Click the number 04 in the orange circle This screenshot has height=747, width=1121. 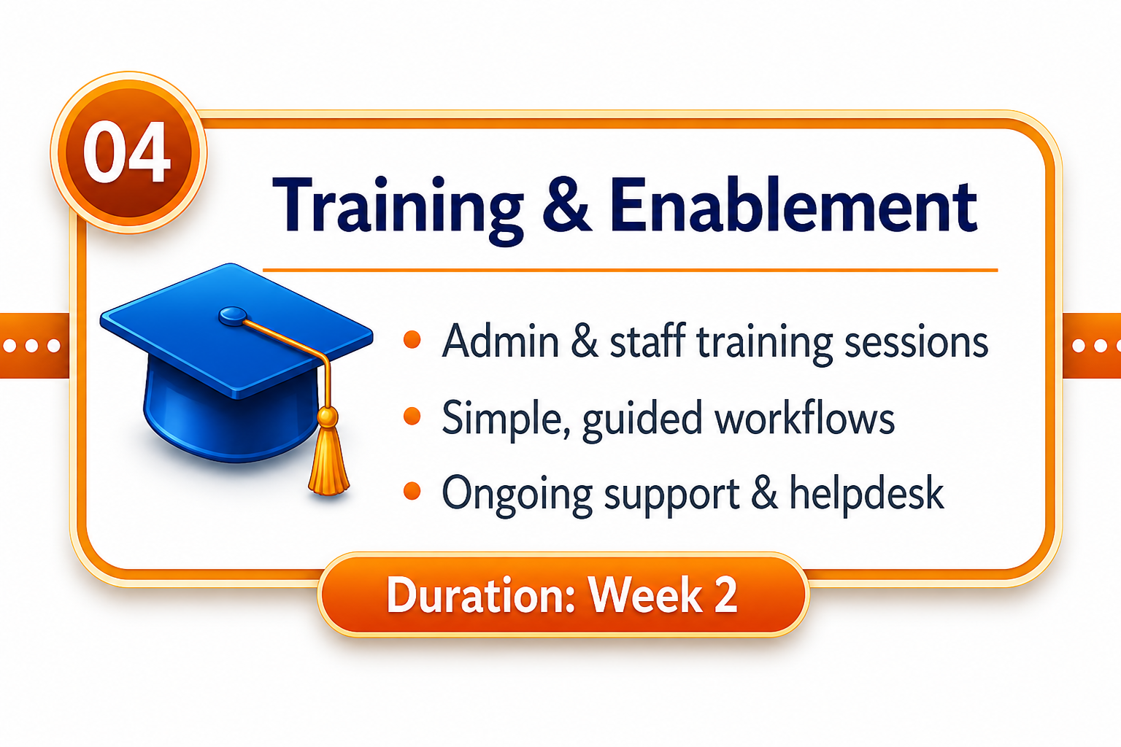pyautogui.click(x=126, y=152)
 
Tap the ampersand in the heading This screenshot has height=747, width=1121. pyautogui.click(x=567, y=206)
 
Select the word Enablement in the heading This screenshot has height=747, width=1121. pyautogui.click(x=794, y=206)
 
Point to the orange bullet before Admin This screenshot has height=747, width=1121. pyautogui.click(x=412, y=339)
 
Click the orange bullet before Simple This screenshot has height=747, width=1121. pyautogui.click(x=412, y=417)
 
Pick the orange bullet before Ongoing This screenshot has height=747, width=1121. pyautogui.click(x=412, y=491)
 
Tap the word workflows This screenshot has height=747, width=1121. pyautogui.click(x=805, y=417)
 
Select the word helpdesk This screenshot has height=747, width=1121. pyautogui.click(x=867, y=492)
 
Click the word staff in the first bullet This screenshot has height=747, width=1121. pyautogui.click(x=647, y=341)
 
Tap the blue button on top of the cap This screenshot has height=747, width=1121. pyautogui.click(x=234, y=316)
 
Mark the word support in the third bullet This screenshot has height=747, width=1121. pyautogui.click(x=671, y=496)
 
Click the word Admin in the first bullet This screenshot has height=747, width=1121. pyautogui.click(x=501, y=341)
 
